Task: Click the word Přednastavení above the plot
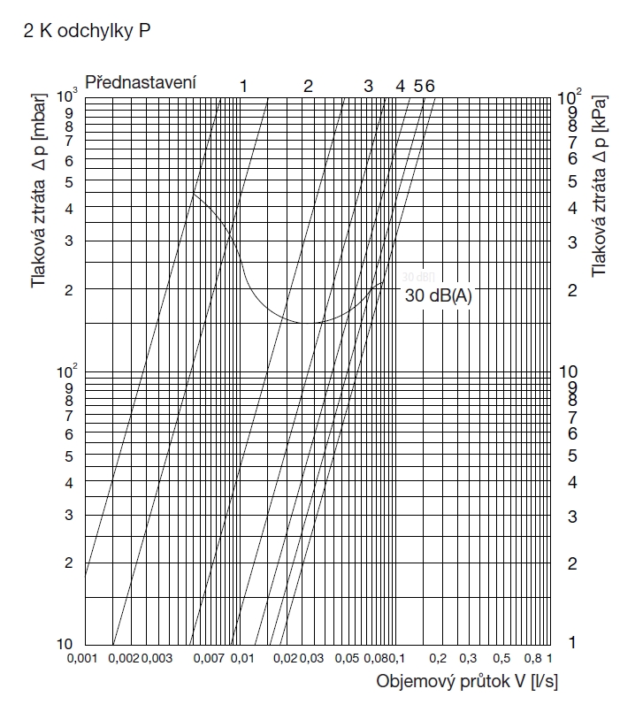click(x=141, y=82)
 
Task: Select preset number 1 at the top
click(x=243, y=86)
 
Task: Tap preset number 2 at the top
click(x=308, y=86)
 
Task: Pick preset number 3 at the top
click(x=368, y=86)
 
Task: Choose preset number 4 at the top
click(x=400, y=86)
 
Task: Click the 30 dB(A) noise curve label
click(x=439, y=296)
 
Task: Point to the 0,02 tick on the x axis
click(x=285, y=659)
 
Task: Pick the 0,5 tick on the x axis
click(x=501, y=659)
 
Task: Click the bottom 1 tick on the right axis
click(x=572, y=642)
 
